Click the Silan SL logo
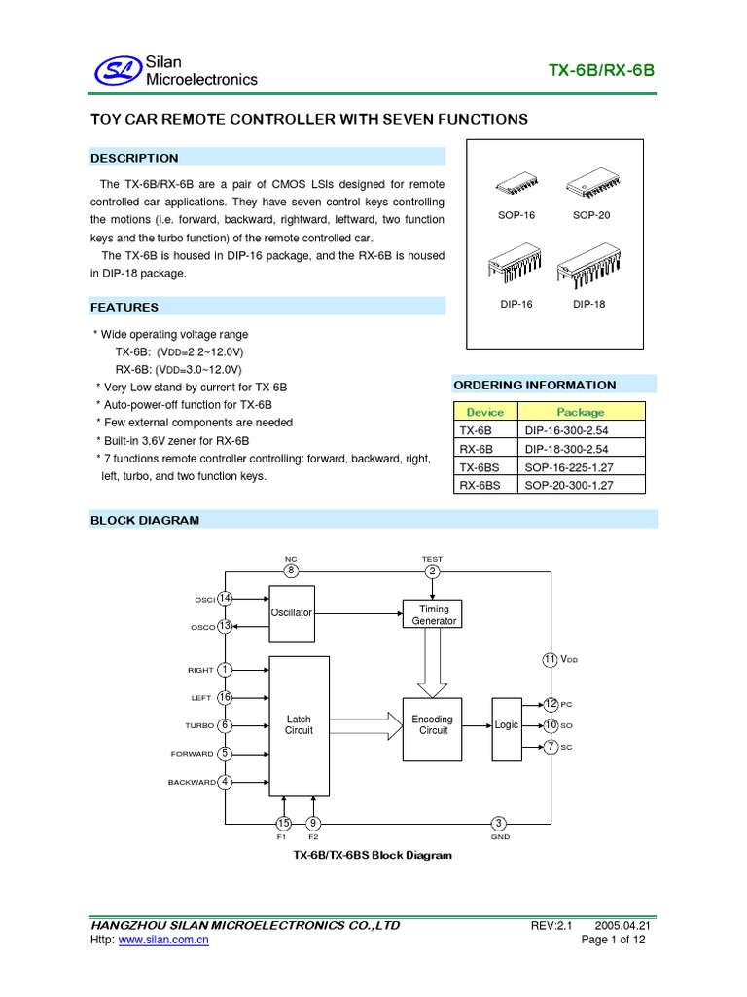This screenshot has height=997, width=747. point(116,70)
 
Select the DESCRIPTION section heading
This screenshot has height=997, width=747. point(134,158)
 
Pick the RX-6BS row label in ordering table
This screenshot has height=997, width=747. point(480,483)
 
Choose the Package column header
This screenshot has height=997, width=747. point(580,412)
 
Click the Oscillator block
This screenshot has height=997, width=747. point(292,612)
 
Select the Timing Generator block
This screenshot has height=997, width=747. point(433,614)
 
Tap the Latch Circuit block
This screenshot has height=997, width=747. point(299,725)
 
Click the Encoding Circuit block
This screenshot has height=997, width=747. point(433,725)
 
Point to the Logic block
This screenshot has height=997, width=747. point(507,725)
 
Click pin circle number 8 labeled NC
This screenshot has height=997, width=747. point(290,571)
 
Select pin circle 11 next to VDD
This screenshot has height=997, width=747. point(550,660)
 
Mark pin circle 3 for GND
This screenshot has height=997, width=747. point(498,823)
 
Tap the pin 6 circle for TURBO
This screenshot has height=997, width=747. point(225,725)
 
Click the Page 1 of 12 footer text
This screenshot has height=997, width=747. point(613,940)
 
